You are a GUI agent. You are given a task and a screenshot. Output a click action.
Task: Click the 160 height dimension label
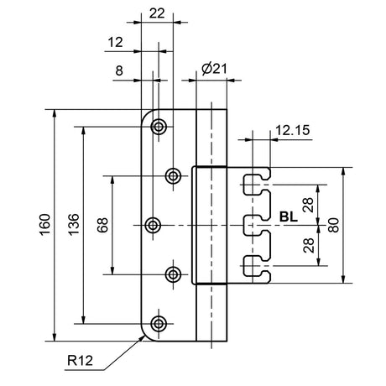click(x=45, y=225)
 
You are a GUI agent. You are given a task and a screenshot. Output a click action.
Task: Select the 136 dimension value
click(x=74, y=225)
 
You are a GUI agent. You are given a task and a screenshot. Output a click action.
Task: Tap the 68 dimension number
click(x=102, y=225)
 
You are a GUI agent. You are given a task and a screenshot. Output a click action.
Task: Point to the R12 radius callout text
click(x=80, y=360)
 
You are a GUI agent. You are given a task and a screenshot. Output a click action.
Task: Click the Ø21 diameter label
click(x=214, y=69)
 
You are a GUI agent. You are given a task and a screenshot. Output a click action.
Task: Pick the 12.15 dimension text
click(x=293, y=130)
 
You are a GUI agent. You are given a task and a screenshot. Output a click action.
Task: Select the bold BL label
click(x=289, y=216)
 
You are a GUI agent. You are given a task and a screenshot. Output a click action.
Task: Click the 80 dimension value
click(x=334, y=225)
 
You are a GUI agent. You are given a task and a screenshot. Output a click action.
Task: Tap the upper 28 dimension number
click(x=308, y=205)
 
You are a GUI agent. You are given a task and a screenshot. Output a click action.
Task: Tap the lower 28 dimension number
click(x=309, y=246)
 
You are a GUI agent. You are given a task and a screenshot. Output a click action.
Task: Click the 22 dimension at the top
click(x=157, y=13)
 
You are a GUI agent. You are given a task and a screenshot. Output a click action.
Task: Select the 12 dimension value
click(x=115, y=43)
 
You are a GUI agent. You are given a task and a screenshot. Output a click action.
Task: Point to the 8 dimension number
click(x=119, y=70)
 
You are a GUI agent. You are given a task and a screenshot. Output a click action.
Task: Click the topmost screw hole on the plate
click(x=159, y=127)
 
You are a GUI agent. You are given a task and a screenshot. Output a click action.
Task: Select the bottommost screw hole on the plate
click(x=159, y=324)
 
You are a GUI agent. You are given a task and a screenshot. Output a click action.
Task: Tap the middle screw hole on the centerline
click(x=153, y=225)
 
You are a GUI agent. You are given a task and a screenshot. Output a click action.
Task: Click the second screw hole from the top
click(x=173, y=176)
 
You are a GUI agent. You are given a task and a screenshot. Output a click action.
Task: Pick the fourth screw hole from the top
click(x=173, y=274)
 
